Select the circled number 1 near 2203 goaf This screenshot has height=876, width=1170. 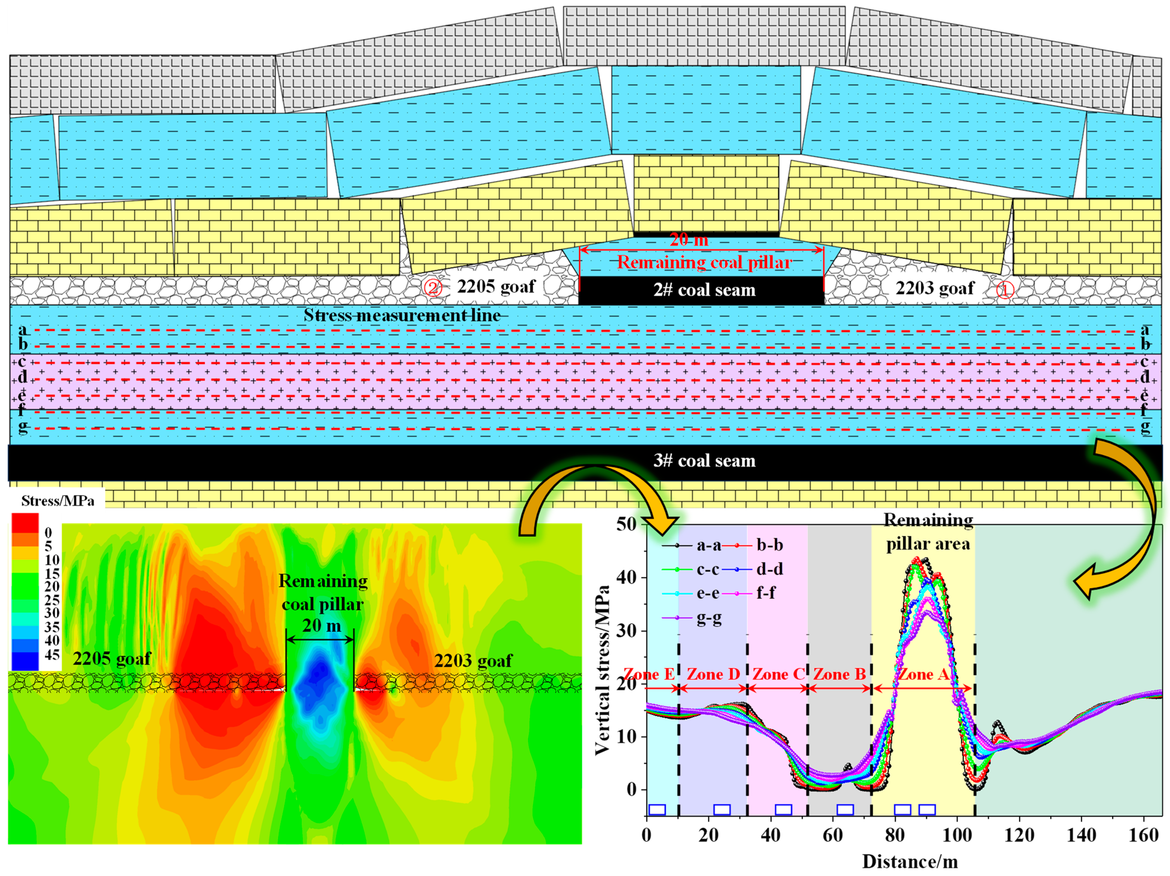click(x=1005, y=290)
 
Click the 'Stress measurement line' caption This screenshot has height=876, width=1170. click(x=402, y=315)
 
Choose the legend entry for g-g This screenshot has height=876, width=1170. click(x=709, y=618)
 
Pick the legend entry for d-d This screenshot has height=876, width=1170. click(x=770, y=569)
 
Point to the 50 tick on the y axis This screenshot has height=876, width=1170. click(x=626, y=524)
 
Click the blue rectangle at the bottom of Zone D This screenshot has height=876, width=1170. click(x=722, y=809)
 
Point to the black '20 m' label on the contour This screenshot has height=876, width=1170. click(x=322, y=626)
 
